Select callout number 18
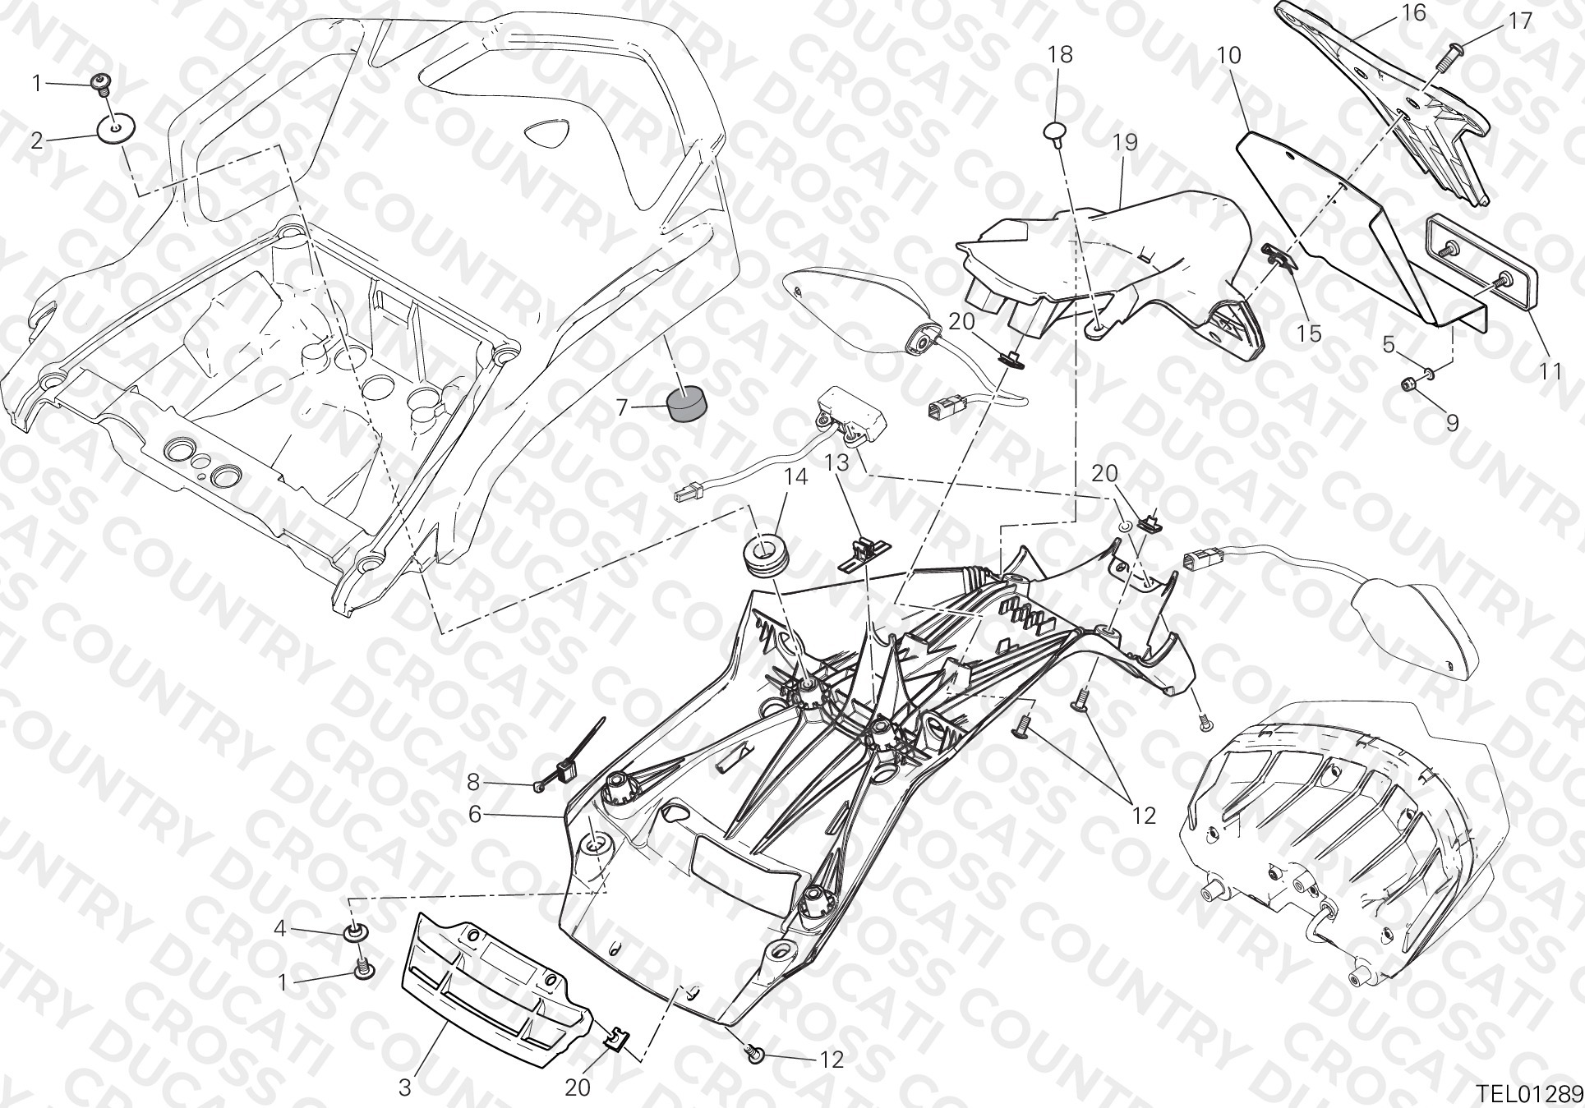coord(1060,55)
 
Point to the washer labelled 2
coord(116,128)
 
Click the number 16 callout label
coord(1391,12)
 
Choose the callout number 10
coord(1229,55)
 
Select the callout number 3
coord(405,1088)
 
